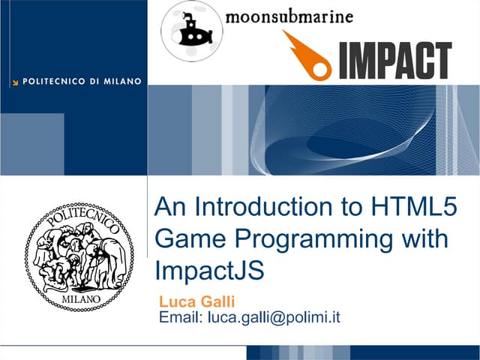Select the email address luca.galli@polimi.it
click(274, 317)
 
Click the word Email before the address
click(181, 317)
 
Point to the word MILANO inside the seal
click(79, 299)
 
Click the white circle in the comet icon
click(321, 69)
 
